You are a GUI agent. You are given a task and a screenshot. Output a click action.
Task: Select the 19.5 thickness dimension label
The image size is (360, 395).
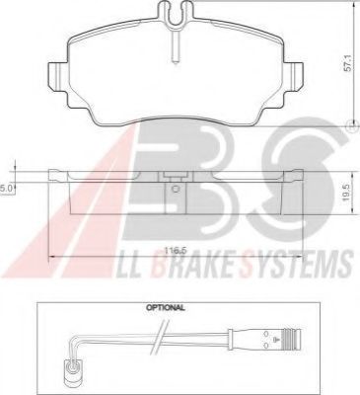[346, 193]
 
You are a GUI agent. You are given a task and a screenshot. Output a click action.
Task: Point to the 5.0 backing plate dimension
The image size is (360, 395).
[6, 188]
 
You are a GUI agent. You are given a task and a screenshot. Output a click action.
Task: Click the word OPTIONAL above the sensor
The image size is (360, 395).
[166, 308]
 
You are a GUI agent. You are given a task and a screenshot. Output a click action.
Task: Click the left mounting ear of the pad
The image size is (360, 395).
[58, 76]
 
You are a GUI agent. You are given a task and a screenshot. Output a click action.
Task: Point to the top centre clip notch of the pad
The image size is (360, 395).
[176, 13]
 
